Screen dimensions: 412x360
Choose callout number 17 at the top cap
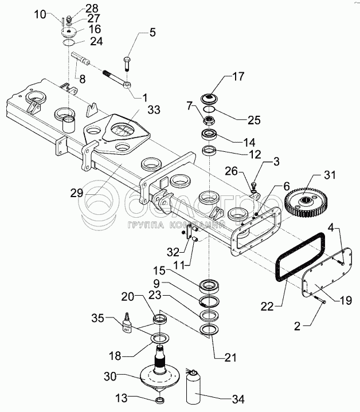(x=237, y=76)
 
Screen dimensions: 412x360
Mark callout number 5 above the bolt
(x=152, y=33)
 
